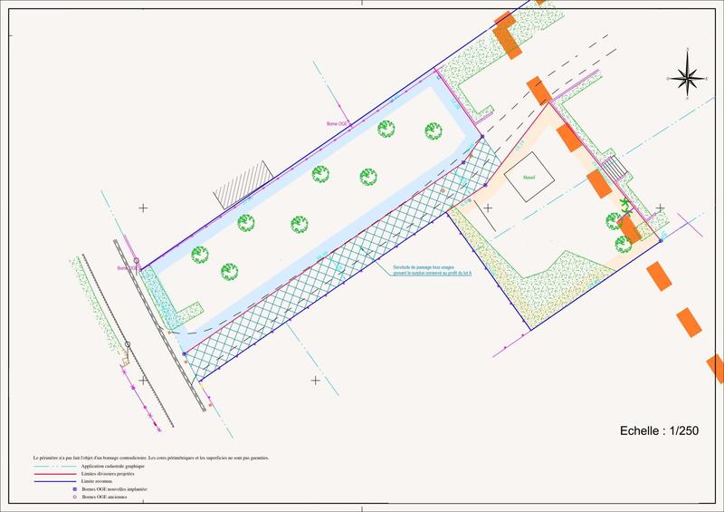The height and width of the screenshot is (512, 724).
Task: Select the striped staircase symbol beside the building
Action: (x=613, y=169)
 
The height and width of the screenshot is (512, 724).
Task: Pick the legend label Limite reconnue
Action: (x=99, y=480)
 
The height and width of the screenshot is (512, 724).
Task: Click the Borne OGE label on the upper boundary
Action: (x=338, y=123)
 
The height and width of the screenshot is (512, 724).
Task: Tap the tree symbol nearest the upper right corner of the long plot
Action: (x=433, y=131)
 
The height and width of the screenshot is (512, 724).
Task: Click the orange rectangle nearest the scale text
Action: (x=691, y=322)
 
